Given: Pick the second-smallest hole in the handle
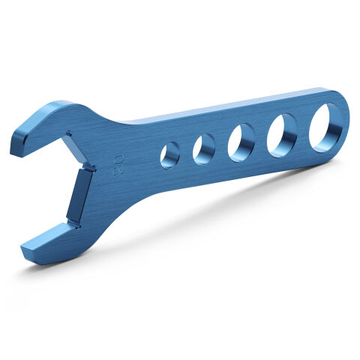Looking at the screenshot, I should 204,149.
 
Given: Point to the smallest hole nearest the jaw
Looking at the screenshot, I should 170,154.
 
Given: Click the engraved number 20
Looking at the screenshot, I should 118,166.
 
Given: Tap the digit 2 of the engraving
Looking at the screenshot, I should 118,171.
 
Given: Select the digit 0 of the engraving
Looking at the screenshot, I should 118,160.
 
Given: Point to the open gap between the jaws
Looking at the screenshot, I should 45,187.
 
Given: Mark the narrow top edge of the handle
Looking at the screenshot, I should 225,106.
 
